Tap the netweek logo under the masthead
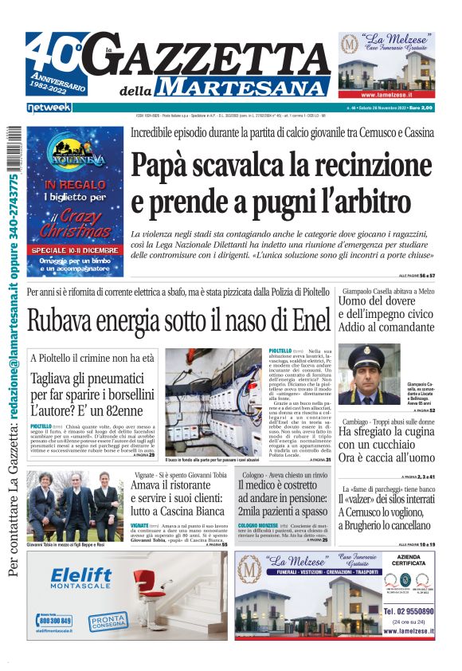coord(49,108)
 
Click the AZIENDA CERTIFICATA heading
coord(408,562)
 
